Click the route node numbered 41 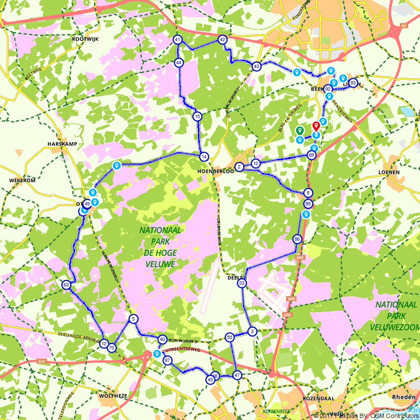178,40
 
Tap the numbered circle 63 66,285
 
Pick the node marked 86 297,239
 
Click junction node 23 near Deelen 242,284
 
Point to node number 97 168,360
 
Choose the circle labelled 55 229,337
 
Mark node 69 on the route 312,155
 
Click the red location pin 316,126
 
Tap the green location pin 299,131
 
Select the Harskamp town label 63,144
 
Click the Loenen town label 388,172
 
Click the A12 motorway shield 41,361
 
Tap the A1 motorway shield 404,26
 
